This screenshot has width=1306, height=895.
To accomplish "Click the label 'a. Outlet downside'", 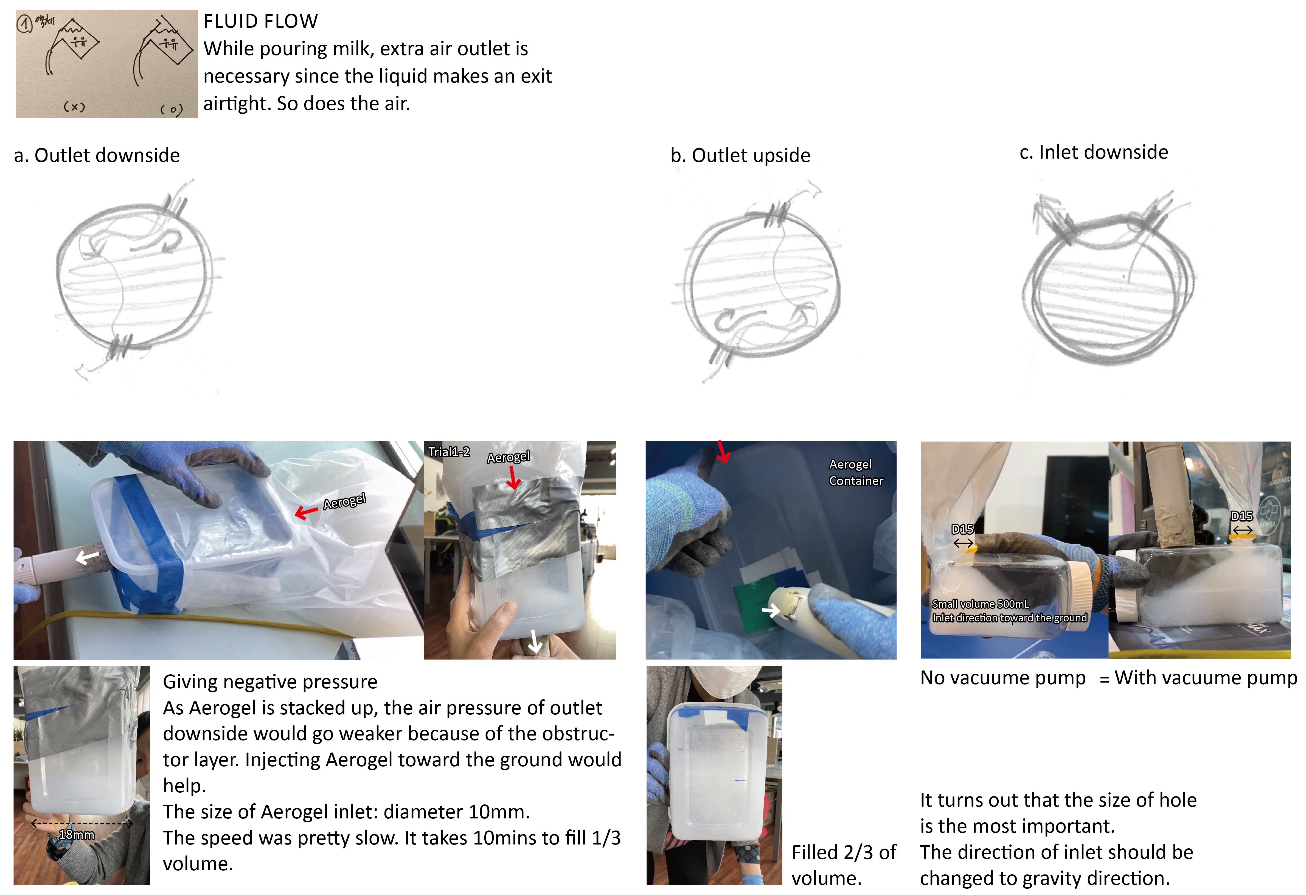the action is click(97, 155).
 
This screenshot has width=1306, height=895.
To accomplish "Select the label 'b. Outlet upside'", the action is click(740, 155).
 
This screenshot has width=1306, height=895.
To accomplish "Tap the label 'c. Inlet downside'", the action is click(1094, 152).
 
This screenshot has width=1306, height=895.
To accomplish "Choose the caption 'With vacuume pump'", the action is click(1206, 678).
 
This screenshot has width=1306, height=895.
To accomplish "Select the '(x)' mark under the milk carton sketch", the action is click(74, 106).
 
